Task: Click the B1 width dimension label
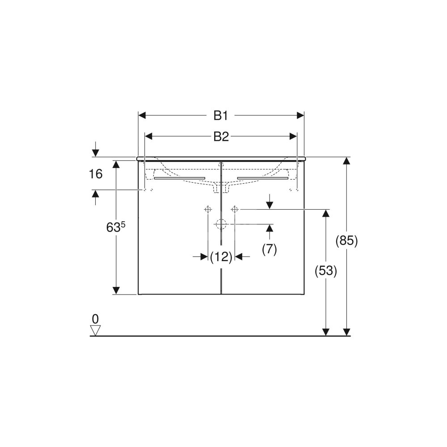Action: tap(221, 116)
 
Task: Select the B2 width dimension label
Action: tap(221, 137)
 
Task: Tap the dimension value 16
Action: tap(96, 174)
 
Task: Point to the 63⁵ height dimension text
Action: tap(116, 227)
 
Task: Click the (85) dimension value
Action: tap(346, 241)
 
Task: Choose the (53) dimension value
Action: tap(325, 271)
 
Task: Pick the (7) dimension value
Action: tap(270, 249)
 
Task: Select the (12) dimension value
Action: tap(221, 257)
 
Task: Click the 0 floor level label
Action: tap(95, 318)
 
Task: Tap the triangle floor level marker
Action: tap(95, 330)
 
